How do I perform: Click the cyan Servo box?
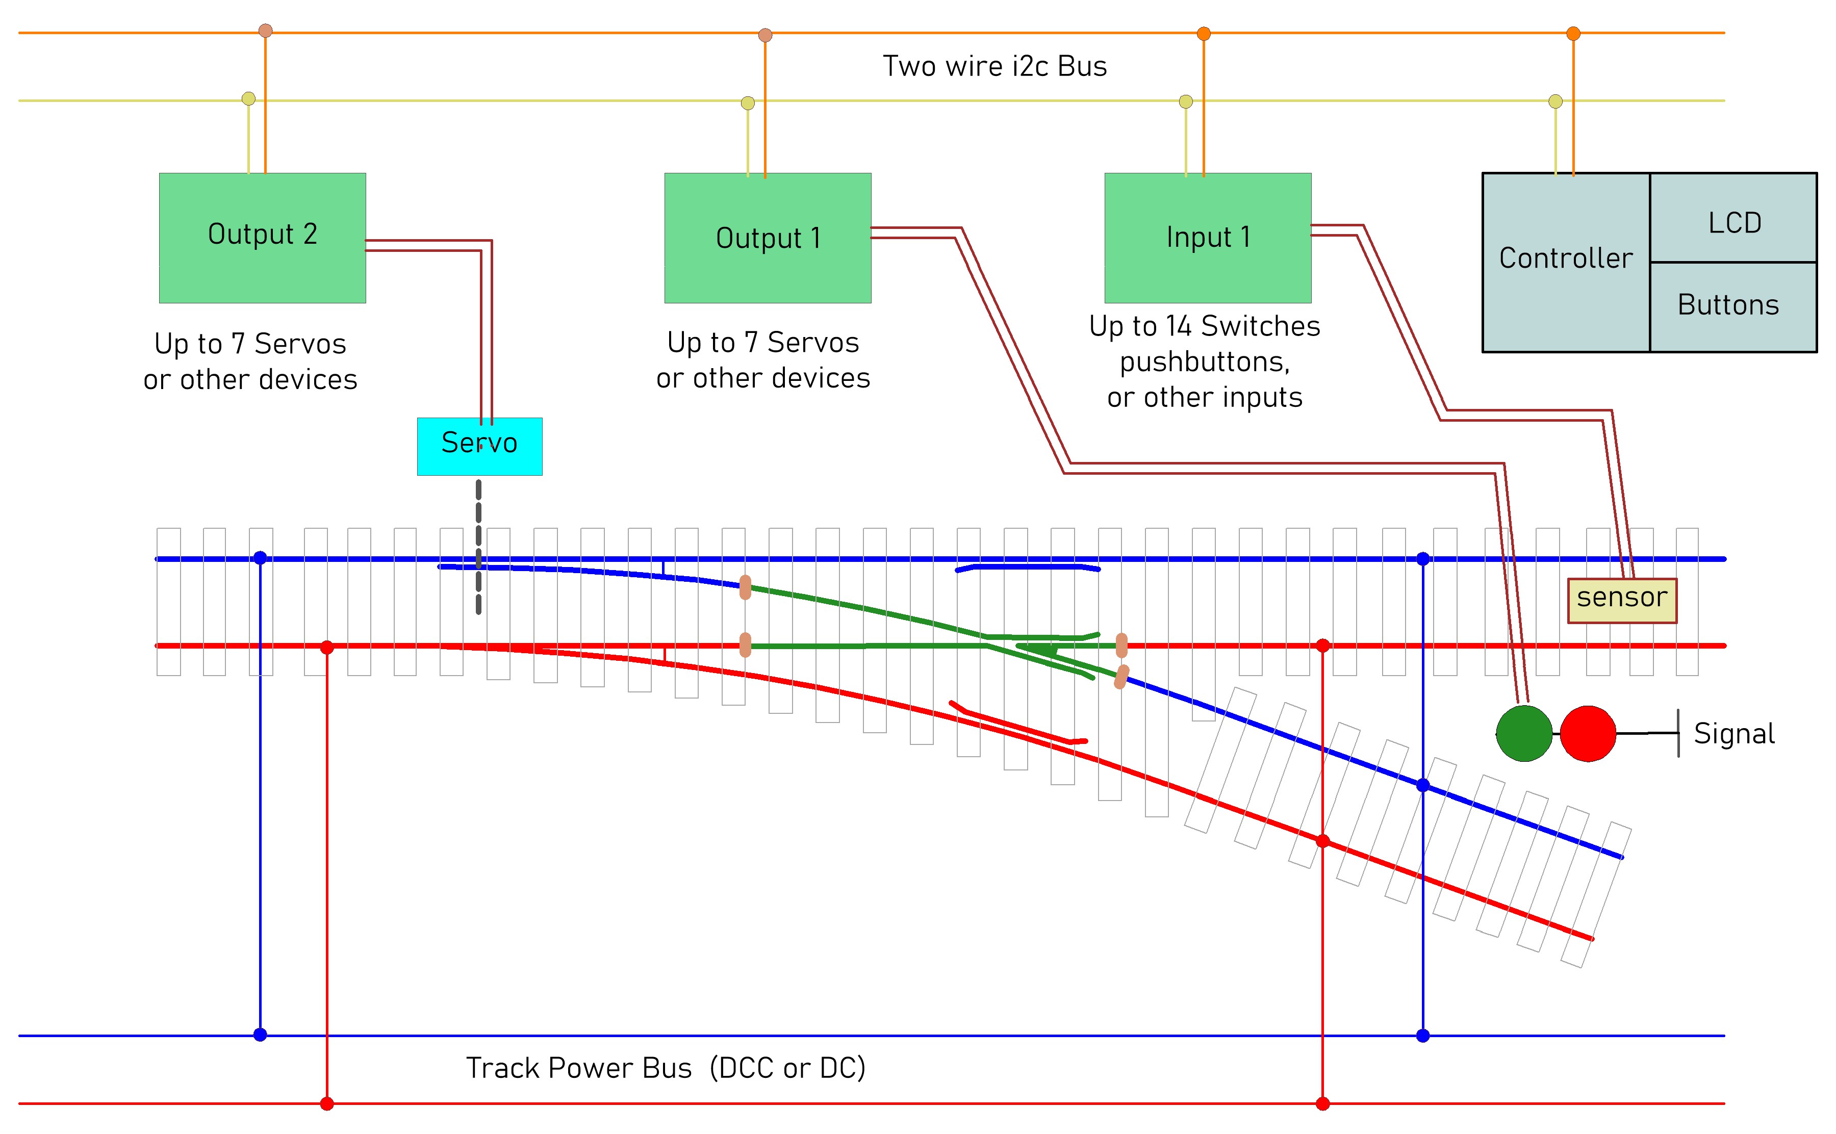click(x=479, y=446)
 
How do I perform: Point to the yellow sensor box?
click(x=1621, y=600)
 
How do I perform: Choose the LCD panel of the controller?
click(x=1733, y=221)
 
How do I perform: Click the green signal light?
click(x=1524, y=733)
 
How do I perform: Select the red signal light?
click(x=1588, y=733)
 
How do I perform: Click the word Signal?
click(x=1734, y=734)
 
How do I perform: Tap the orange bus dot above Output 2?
click(x=266, y=31)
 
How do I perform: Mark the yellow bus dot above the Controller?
click(x=1555, y=101)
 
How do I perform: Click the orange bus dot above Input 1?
click(x=1204, y=33)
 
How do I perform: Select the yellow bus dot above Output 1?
click(x=748, y=103)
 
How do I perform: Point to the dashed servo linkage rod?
click(x=478, y=548)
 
